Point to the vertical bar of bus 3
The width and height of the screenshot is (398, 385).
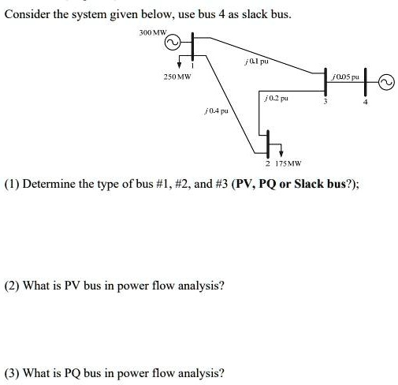pyautogui.click(x=327, y=80)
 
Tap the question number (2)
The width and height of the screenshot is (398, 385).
pyautogui.click(x=14, y=285)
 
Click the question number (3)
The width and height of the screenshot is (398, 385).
pyautogui.click(x=14, y=372)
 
